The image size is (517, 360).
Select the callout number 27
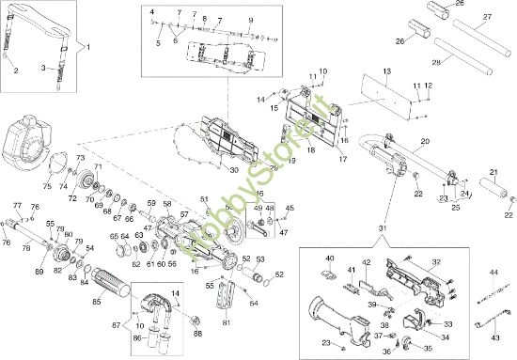tap(488, 16)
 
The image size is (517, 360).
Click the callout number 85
tap(96, 302)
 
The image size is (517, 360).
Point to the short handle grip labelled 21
tap(493, 187)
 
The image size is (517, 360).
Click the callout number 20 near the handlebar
tap(424, 140)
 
